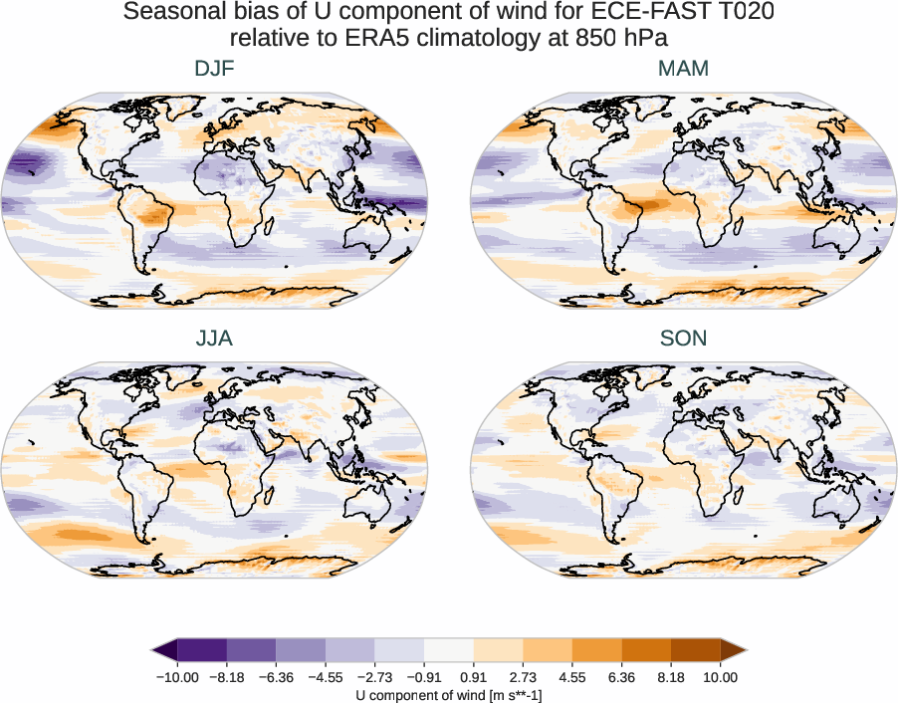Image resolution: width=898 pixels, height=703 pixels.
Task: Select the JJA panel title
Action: coord(214,339)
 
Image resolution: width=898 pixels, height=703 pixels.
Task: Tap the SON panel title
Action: coord(683,339)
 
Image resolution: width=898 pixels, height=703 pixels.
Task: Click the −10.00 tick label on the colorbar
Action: coord(178,677)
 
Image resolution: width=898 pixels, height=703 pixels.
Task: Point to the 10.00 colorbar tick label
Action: coord(720,677)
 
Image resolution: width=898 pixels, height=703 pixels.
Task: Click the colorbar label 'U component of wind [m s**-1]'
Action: coord(449,694)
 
